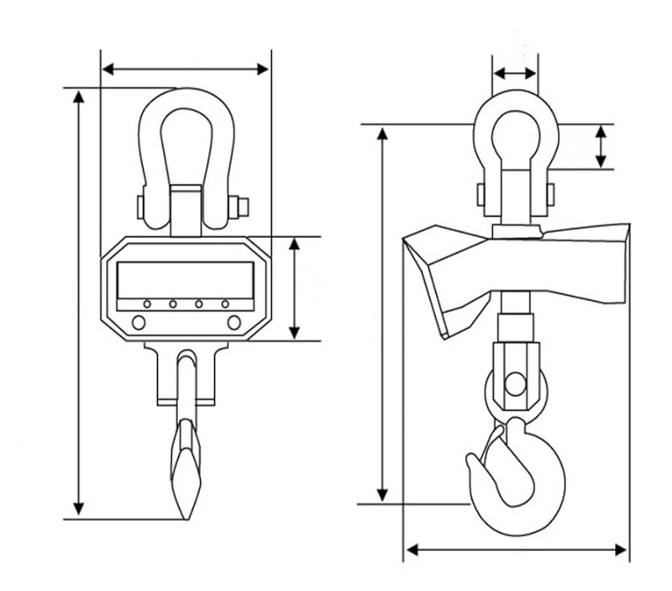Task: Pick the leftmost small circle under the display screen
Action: (x=147, y=303)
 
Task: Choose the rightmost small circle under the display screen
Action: (x=225, y=303)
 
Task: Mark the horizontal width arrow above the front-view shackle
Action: (x=185, y=68)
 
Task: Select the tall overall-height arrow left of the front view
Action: (x=79, y=303)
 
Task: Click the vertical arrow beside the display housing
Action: (x=295, y=288)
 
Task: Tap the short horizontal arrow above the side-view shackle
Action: (x=515, y=74)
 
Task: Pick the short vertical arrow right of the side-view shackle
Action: (x=601, y=146)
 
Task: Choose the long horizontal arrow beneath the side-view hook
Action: (x=515, y=551)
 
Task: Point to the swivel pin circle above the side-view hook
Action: (x=513, y=385)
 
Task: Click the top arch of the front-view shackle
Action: (x=185, y=95)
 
